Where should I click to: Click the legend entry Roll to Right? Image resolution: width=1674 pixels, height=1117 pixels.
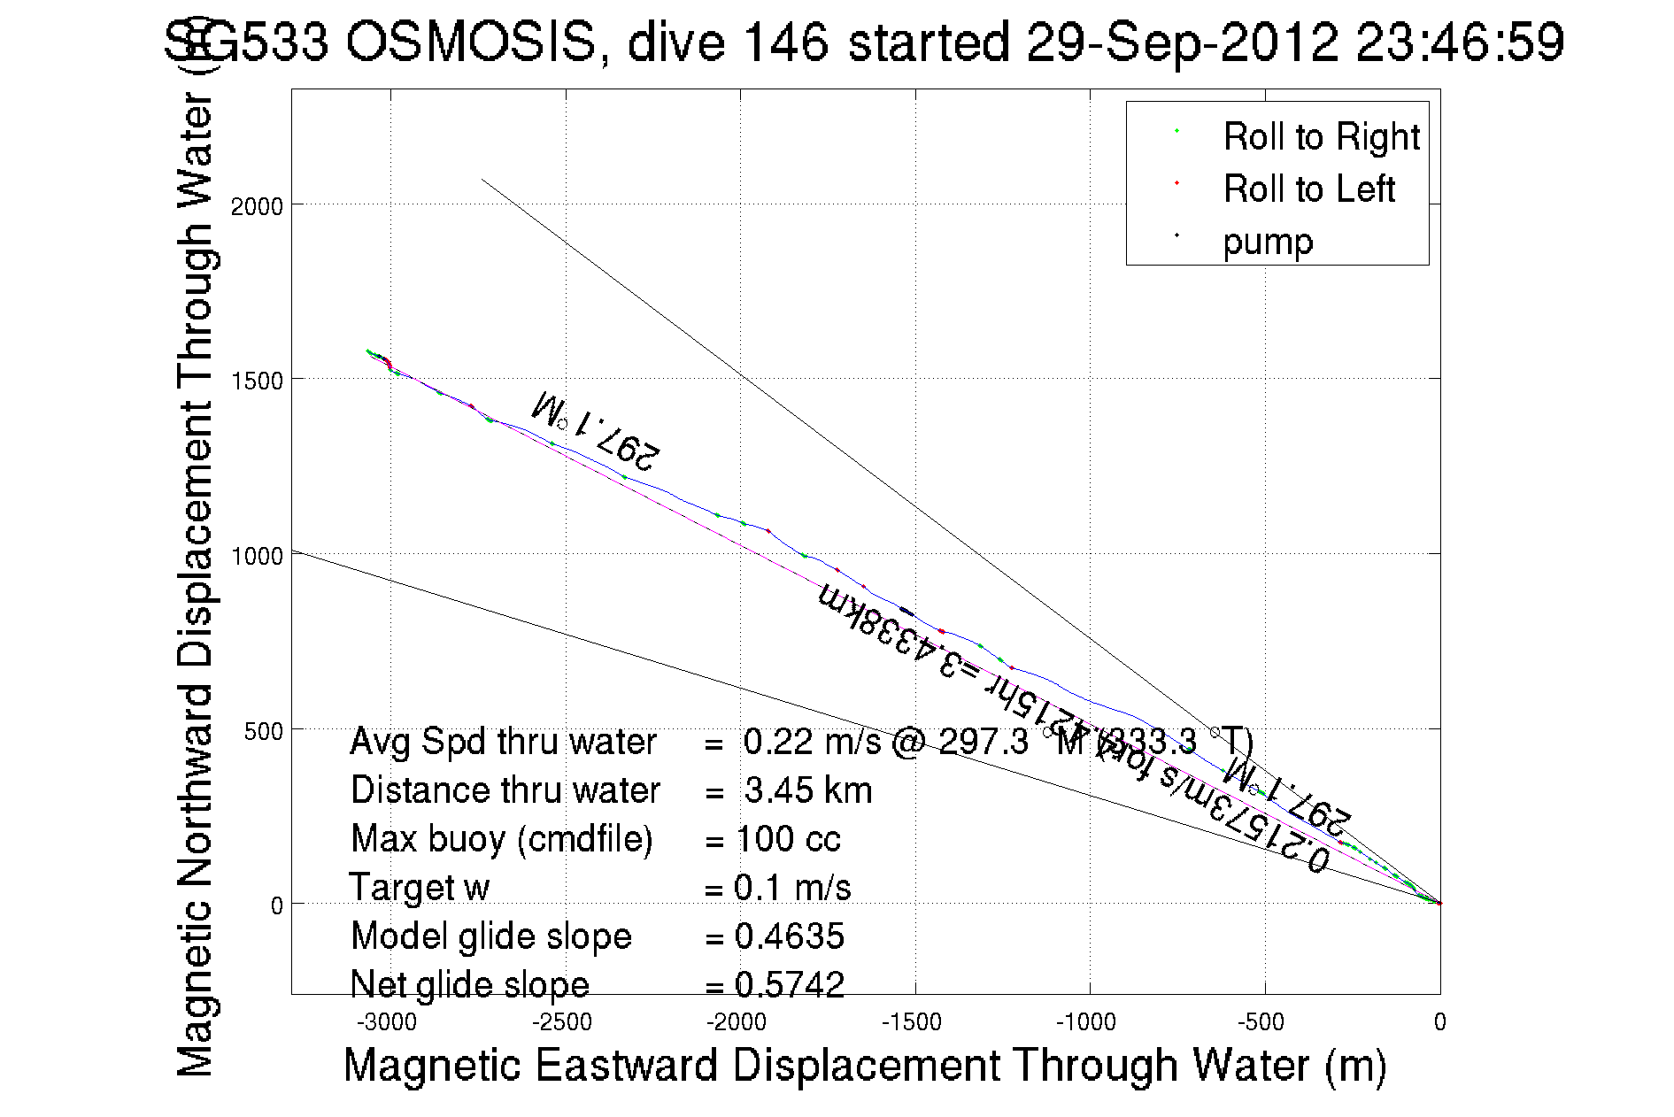pos(1321,136)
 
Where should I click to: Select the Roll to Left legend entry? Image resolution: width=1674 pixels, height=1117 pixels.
pos(1308,189)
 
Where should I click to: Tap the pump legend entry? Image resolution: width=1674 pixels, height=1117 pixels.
pos(1268,241)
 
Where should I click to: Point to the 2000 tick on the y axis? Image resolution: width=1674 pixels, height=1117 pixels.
pos(256,206)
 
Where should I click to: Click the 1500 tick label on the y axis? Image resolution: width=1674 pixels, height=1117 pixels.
pos(256,381)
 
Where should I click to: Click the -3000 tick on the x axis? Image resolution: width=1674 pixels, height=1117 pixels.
pos(387,1022)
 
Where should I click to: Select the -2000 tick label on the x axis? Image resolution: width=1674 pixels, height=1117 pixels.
pos(737,1022)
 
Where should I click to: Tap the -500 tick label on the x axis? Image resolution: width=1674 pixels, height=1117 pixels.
pos(1261,1022)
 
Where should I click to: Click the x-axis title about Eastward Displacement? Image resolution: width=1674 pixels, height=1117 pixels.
pos(864,1065)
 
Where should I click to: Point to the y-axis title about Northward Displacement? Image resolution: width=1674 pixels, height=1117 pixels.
pos(196,584)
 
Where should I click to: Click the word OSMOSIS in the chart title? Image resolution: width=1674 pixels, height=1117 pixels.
pos(471,42)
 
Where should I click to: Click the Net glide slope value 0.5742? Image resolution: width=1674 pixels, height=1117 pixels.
pos(789,984)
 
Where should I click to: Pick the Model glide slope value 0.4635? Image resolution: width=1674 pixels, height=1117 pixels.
pos(789,936)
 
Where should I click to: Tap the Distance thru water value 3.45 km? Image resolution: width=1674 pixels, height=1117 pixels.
pos(807,790)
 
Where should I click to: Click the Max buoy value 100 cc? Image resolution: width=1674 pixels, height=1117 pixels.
pos(788,839)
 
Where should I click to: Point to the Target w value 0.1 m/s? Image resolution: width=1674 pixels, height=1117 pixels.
pos(792,888)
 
